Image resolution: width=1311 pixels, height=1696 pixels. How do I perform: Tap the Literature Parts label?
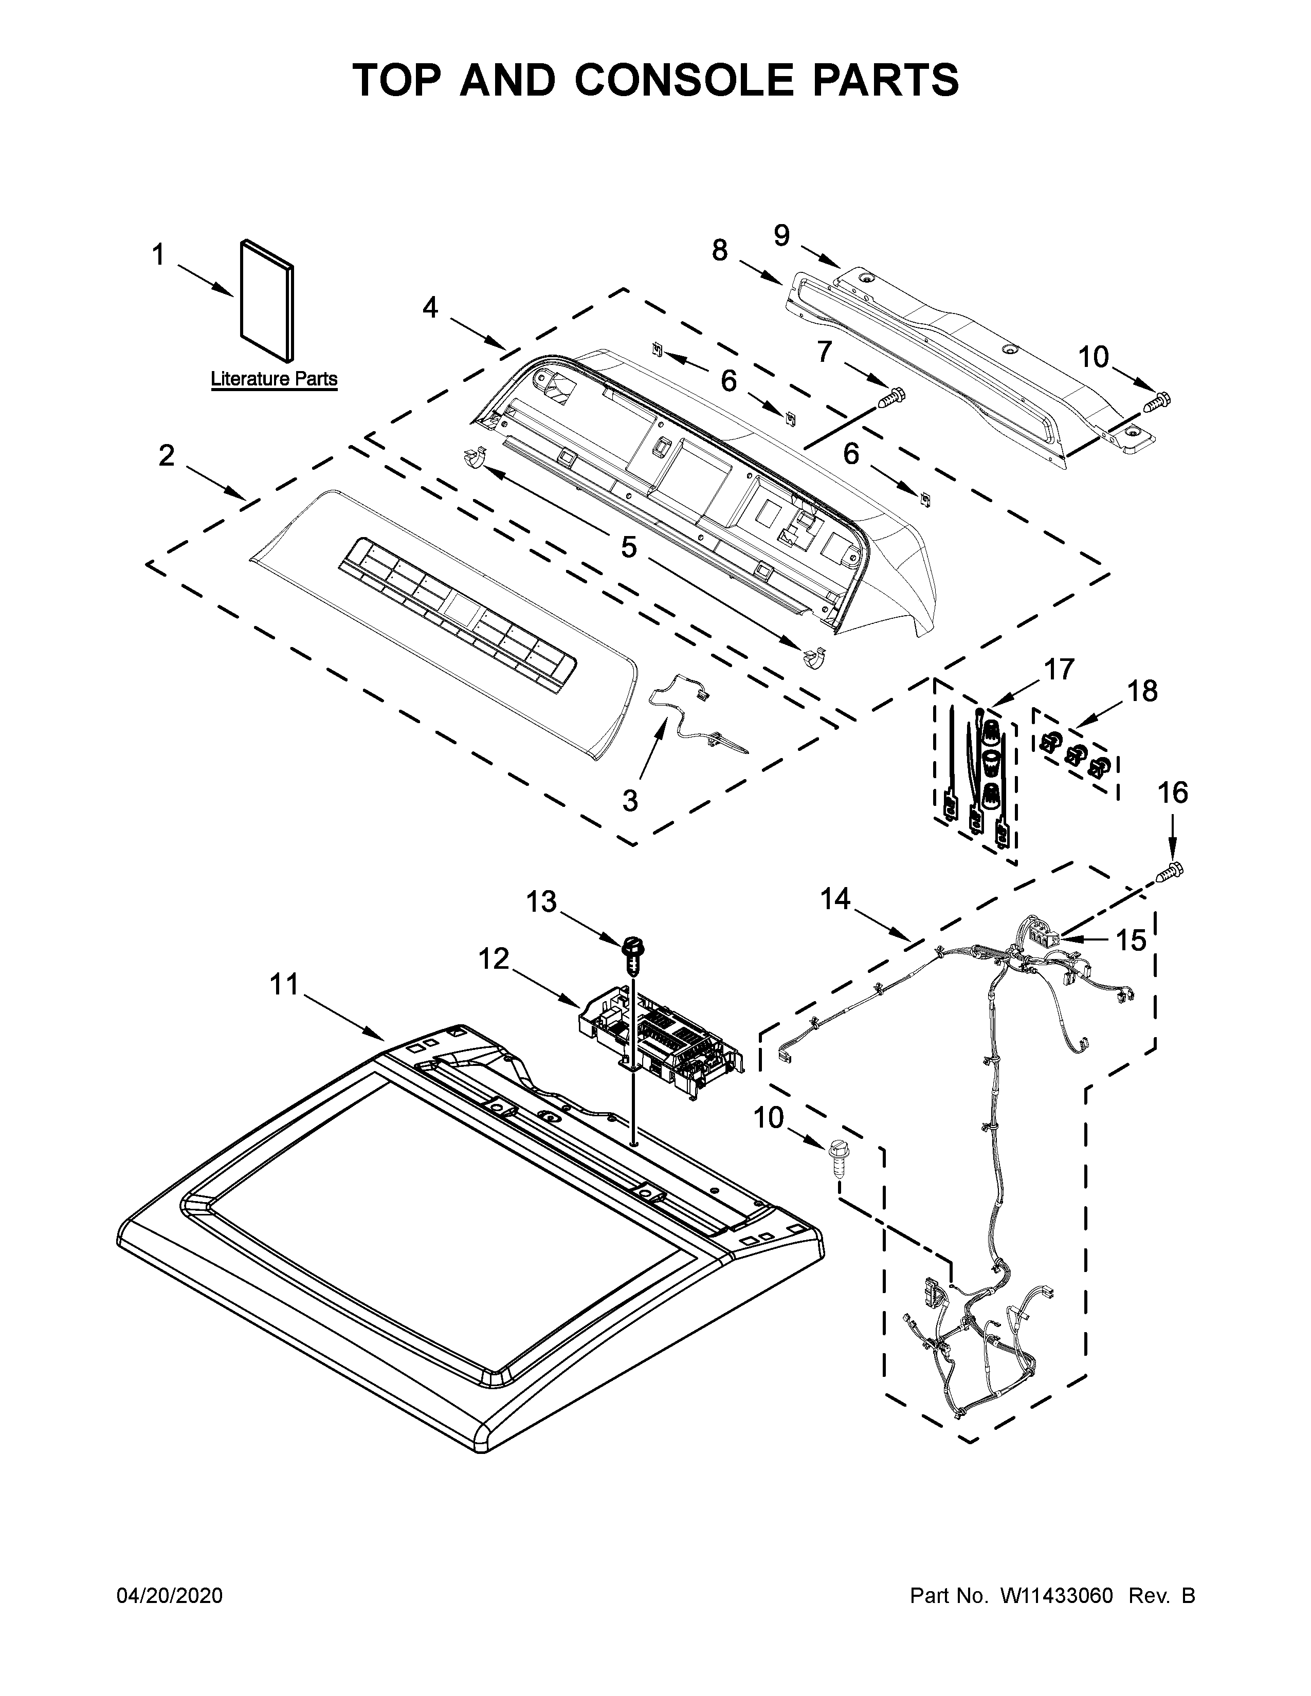(274, 379)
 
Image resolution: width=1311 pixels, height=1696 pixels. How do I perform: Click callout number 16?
(1173, 793)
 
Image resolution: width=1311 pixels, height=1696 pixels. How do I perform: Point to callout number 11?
(284, 985)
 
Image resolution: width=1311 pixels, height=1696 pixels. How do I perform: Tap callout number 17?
(1060, 669)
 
